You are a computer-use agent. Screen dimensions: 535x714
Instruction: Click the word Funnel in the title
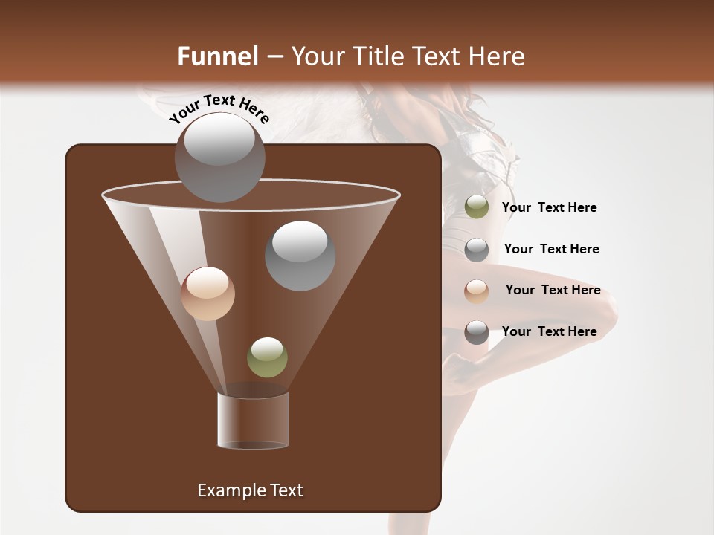point(217,56)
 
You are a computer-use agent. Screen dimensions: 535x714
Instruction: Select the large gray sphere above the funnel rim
point(219,158)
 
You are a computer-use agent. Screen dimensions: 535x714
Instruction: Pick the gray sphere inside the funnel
point(300,256)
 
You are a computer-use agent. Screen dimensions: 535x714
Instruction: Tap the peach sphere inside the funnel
point(208,294)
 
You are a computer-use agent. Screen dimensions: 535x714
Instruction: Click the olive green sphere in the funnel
point(267,357)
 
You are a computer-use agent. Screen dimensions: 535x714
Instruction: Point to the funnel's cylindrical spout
point(253,421)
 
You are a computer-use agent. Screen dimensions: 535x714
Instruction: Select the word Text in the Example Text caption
point(286,490)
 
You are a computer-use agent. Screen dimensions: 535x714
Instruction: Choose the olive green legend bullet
point(477,207)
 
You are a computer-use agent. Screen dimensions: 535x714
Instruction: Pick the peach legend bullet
point(477,291)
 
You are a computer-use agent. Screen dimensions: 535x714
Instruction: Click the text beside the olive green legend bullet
point(549,207)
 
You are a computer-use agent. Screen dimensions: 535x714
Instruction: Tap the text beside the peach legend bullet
point(553,290)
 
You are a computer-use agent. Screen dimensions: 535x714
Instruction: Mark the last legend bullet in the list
point(477,332)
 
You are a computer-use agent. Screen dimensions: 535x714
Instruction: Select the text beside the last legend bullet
point(549,331)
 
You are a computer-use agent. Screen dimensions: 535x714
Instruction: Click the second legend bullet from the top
point(477,250)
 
